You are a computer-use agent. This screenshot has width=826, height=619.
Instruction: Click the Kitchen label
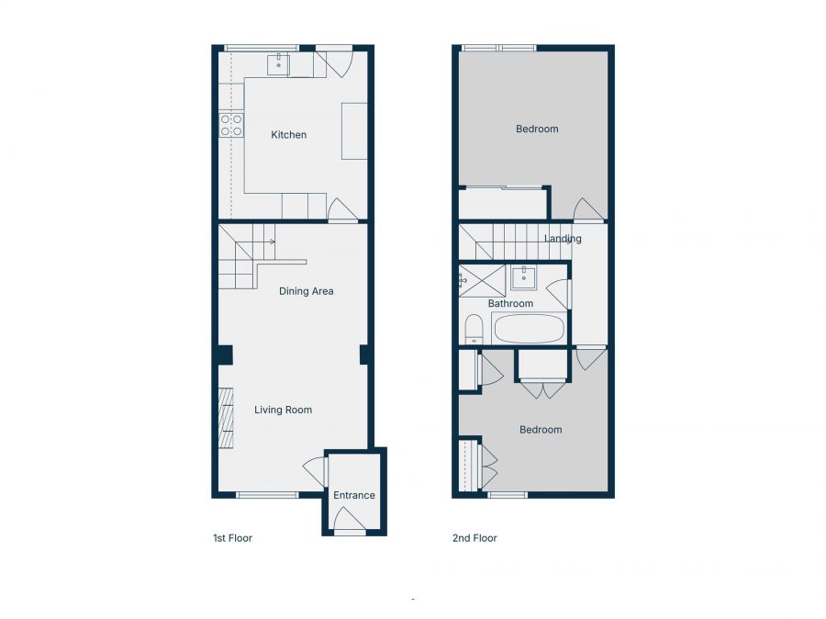(x=289, y=135)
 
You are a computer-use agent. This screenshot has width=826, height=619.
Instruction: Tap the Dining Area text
(x=306, y=291)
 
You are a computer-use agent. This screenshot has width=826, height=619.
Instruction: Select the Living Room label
(x=283, y=410)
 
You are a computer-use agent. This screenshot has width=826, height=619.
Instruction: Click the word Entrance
(x=354, y=495)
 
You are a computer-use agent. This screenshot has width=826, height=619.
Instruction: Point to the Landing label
(x=563, y=238)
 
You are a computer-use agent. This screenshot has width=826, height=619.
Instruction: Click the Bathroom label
(x=510, y=304)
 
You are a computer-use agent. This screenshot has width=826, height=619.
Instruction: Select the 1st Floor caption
(x=232, y=538)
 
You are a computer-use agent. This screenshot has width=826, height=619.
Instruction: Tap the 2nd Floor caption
(x=474, y=538)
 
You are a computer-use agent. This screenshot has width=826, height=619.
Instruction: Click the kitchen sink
(x=277, y=64)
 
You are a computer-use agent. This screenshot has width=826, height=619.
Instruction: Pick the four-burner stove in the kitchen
(x=231, y=126)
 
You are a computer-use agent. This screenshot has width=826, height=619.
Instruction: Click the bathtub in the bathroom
(x=529, y=329)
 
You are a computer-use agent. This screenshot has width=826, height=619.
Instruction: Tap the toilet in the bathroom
(x=474, y=329)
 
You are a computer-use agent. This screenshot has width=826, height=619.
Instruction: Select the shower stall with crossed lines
(x=482, y=281)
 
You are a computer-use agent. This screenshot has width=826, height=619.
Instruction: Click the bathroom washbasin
(x=523, y=278)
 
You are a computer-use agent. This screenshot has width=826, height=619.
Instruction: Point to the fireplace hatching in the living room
(x=226, y=418)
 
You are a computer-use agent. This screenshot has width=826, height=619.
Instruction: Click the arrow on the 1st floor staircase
(x=272, y=242)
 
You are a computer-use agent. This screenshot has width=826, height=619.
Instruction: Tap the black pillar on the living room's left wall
(x=226, y=355)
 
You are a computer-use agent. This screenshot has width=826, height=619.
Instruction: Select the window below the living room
(x=267, y=495)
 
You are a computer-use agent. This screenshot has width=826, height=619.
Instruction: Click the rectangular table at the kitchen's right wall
(x=354, y=131)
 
